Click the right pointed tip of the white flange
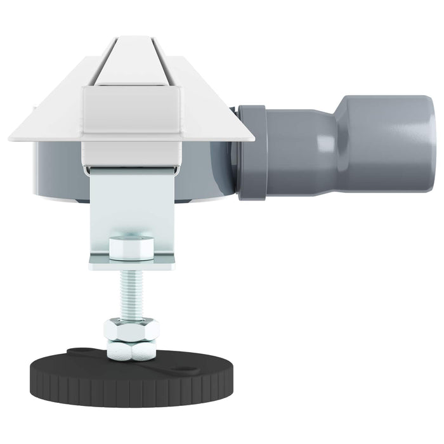251,137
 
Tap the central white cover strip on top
133,63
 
